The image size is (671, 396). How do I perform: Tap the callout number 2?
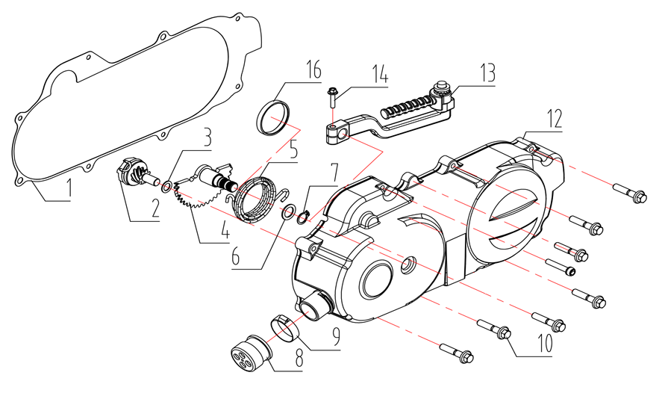(155, 208)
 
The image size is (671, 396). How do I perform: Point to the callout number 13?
(487, 74)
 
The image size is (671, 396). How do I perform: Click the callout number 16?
(312, 71)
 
